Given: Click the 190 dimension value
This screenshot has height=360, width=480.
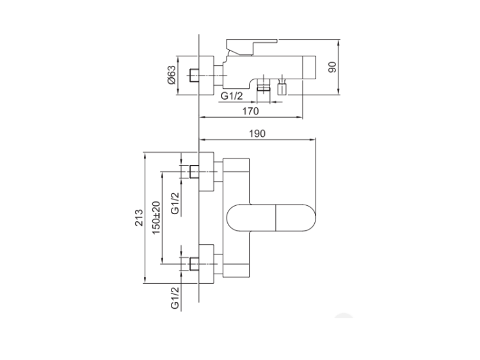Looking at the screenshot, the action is (x=257, y=134).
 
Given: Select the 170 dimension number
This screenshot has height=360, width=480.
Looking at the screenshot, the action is (x=250, y=111).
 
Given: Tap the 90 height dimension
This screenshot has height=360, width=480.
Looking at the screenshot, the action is (x=332, y=67).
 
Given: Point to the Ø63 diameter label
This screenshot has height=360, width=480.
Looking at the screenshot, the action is (x=172, y=75).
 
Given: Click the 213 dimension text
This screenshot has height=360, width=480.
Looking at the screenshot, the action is (x=139, y=217).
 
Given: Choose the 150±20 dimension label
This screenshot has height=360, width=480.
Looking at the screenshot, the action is (x=156, y=218).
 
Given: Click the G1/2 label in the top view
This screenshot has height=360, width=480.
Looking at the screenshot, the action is (x=232, y=96).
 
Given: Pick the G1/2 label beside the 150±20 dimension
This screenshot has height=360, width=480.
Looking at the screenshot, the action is (x=175, y=203).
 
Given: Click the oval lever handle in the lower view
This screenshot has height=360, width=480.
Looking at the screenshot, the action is (x=271, y=218).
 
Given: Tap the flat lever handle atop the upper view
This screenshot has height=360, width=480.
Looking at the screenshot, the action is (x=252, y=47).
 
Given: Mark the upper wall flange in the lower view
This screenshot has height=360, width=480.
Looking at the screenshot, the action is (x=206, y=171).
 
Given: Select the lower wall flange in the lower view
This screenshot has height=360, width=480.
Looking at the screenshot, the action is (x=206, y=264).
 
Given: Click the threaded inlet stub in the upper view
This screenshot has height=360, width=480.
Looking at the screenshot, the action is (x=194, y=75).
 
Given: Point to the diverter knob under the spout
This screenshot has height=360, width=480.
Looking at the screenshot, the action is (x=282, y=86).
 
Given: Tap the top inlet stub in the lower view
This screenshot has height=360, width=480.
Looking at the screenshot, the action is (x=194, y=171).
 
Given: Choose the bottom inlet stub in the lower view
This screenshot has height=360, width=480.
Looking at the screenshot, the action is (x=194, y=264).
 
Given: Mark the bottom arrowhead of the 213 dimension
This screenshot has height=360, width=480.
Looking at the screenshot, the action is (x=145, y=280).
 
